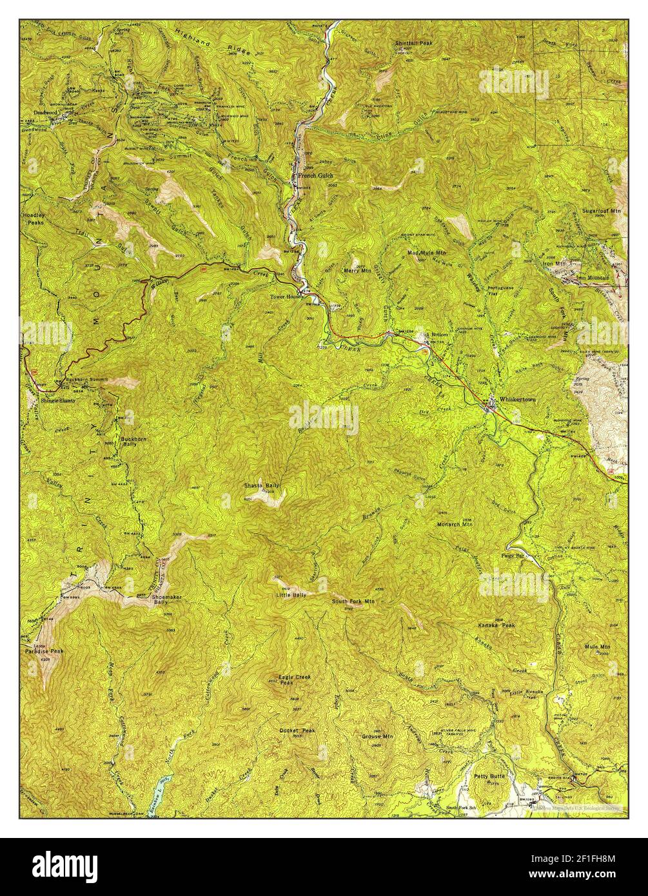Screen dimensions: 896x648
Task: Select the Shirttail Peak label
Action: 415,43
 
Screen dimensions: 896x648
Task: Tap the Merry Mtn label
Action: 357,271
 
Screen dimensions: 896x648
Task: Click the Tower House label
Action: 286,297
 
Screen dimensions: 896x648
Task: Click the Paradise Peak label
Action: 44,652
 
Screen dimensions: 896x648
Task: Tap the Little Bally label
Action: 291,595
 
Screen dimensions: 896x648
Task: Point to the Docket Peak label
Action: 297,730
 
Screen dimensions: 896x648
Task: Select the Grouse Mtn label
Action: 377,736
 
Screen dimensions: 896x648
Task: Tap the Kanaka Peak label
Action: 496,626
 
